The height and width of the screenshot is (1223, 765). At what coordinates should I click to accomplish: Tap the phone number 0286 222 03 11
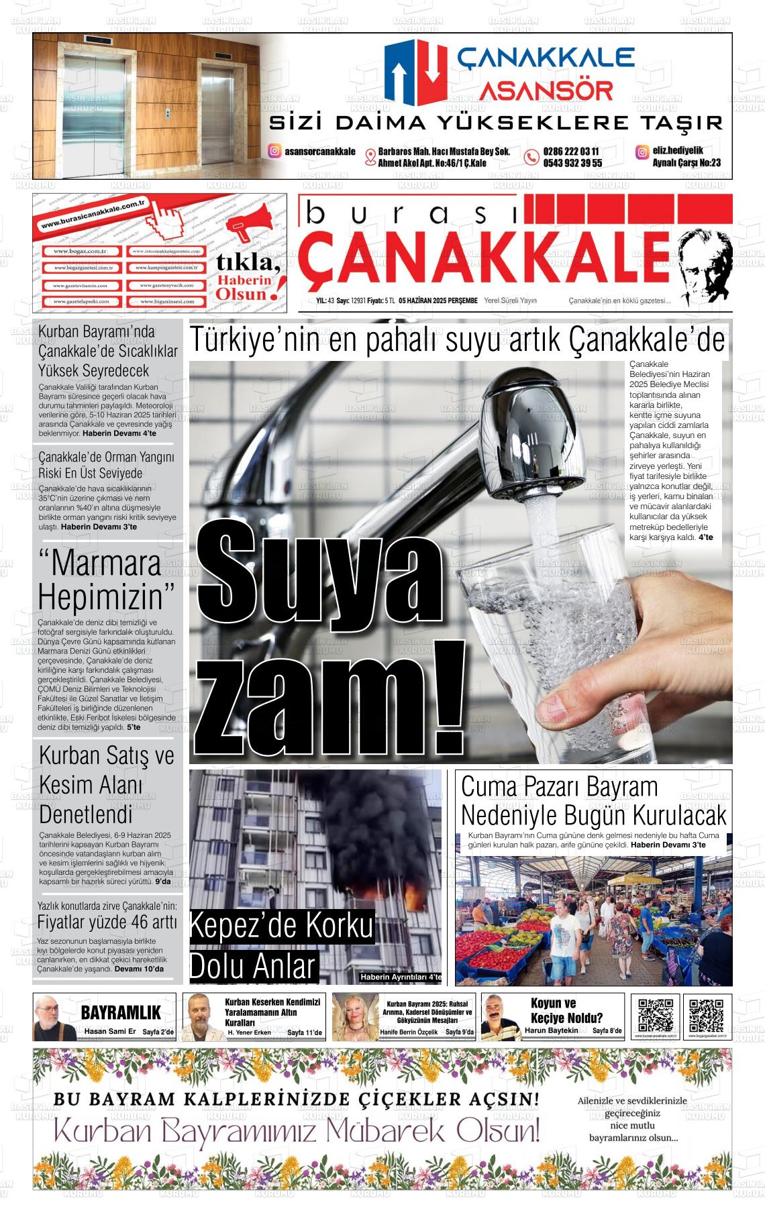pyautogui.click(x=571, y=152)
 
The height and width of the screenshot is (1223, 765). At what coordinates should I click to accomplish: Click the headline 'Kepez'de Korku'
pyautogui.click(x=281, y=926)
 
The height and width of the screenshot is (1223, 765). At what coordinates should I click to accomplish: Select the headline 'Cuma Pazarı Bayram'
pyautogui.click(x=559, y=786)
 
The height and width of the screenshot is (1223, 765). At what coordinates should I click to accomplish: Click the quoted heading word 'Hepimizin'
pyautogui.click(x=106, y=596)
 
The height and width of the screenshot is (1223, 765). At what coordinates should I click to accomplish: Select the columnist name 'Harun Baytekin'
pyautogui.click(x=551, y=1030)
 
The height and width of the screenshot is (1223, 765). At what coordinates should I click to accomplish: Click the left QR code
pyautogui.click(x=655, y=1015)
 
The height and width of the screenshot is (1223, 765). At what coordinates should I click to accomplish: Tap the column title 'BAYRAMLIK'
pyautogui.click(x=121, y=1012)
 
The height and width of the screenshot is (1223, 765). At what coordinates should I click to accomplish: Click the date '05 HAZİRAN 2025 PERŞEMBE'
pyautogui.click(x=438, y=301)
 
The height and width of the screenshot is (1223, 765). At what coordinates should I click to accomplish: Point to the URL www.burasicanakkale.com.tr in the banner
pyautogui.click(x=93, y=213)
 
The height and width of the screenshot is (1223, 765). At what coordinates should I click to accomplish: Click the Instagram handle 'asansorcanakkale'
pyautogui.click(x=319, y=152)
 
